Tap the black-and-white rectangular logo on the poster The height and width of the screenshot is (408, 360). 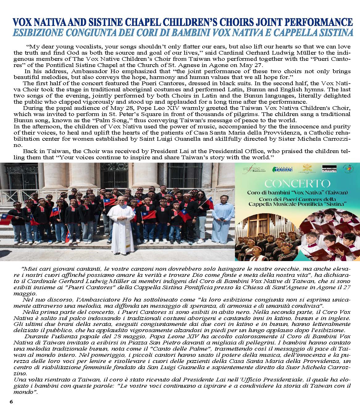(329, 169)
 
